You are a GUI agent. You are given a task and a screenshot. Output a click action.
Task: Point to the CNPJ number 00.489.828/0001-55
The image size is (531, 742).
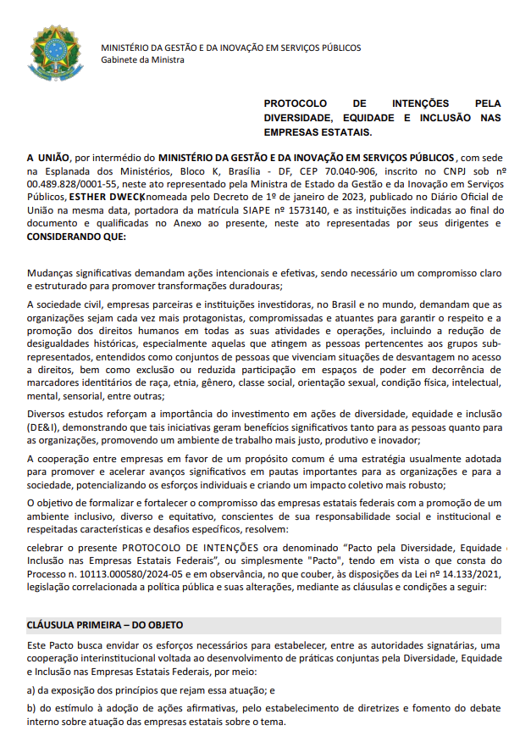click(x=64, y=182)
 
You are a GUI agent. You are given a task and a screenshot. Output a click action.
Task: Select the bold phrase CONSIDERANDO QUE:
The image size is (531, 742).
click(x=76, y=236)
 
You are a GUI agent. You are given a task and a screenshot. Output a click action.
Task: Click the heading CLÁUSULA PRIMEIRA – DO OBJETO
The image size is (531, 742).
click(x=105, y=625)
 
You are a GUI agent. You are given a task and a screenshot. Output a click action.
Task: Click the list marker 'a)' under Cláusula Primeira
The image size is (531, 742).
click(x=32, y=690)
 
